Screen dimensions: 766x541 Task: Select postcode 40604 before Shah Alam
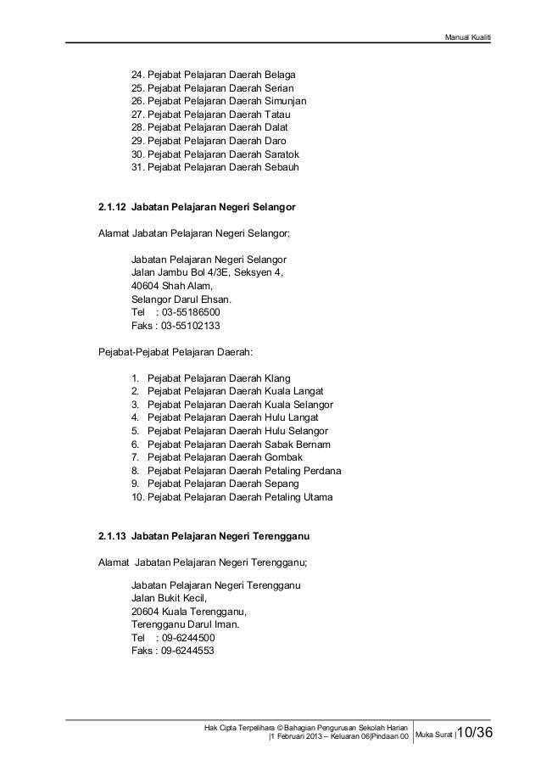tap(145, 286)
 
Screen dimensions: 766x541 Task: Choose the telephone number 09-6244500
tap(187, 638)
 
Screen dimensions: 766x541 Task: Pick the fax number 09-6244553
tap(187, 651)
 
